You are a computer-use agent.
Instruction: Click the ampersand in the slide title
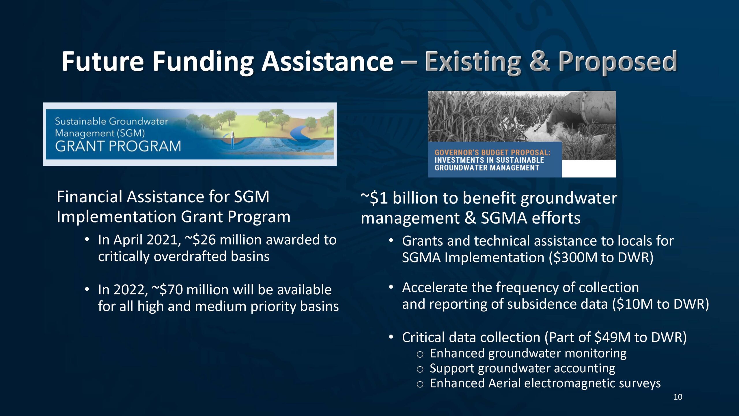tap(540, 61)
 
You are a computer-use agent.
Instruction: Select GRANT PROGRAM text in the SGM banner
tap(118, 146)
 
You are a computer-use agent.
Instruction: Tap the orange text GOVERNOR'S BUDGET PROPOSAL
tap(492, 153)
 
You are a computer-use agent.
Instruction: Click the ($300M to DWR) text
tap(601, 257)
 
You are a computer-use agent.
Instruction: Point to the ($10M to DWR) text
tap(660, 304)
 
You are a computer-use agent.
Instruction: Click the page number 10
tap(678, 397)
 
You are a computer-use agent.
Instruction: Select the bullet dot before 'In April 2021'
tap(87, 239)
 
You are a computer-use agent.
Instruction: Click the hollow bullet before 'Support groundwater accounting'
tap(420, 369)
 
